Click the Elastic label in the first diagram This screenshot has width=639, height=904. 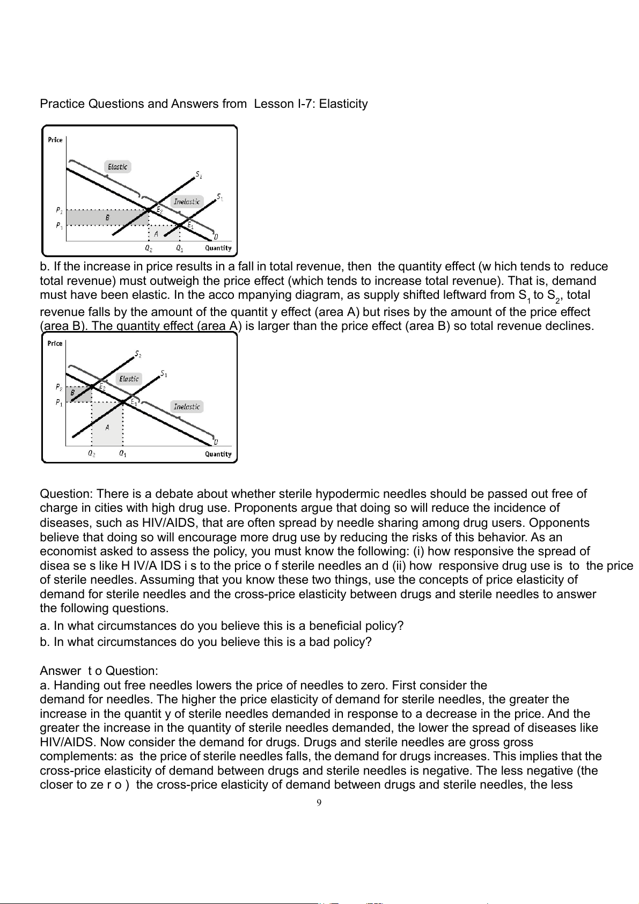pos(117,167)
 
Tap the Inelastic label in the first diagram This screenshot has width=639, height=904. pos(187,202)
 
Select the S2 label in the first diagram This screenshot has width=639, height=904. pos(199,174)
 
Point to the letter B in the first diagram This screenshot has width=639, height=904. pos(107,218)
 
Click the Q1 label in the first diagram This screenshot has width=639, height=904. pos(180,248)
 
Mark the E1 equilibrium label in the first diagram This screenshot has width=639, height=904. pos(190,225)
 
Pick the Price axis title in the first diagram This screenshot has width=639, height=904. pos(55,140)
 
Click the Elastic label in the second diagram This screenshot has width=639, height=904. pos(129,379)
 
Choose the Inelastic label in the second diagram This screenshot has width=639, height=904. pos(187,407)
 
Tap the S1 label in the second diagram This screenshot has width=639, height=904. pos(164,373)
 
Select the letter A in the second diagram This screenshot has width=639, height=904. pos(107,428)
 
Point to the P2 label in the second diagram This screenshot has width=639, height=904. pos(59,387)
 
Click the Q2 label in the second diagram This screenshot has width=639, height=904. pos(92,453)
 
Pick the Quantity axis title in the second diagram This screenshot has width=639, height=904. pos(218,454)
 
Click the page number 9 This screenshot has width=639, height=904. pos(319,803)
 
